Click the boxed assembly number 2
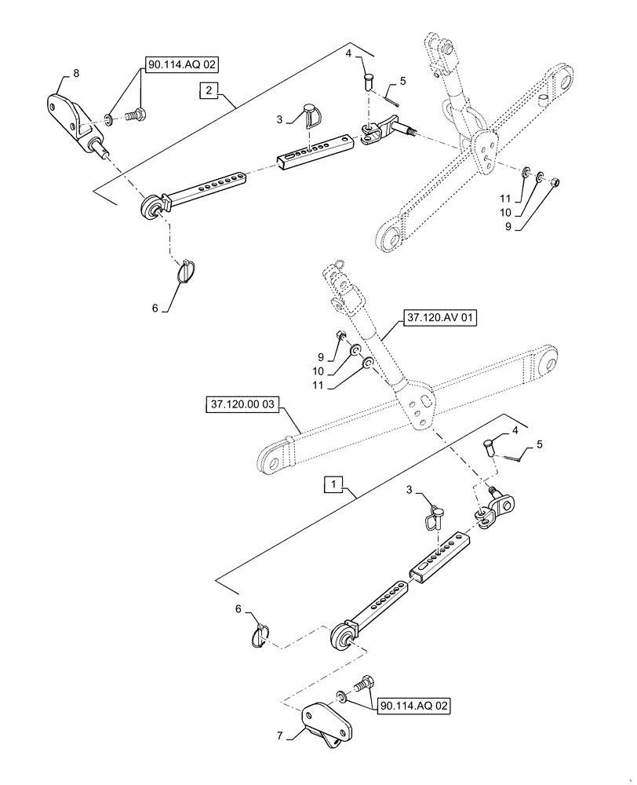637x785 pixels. tap(208, 92)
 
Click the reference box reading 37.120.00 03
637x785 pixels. tap(242, 405)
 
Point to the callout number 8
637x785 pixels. tap(76, 73)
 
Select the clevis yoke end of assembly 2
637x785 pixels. tap(375, 132)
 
